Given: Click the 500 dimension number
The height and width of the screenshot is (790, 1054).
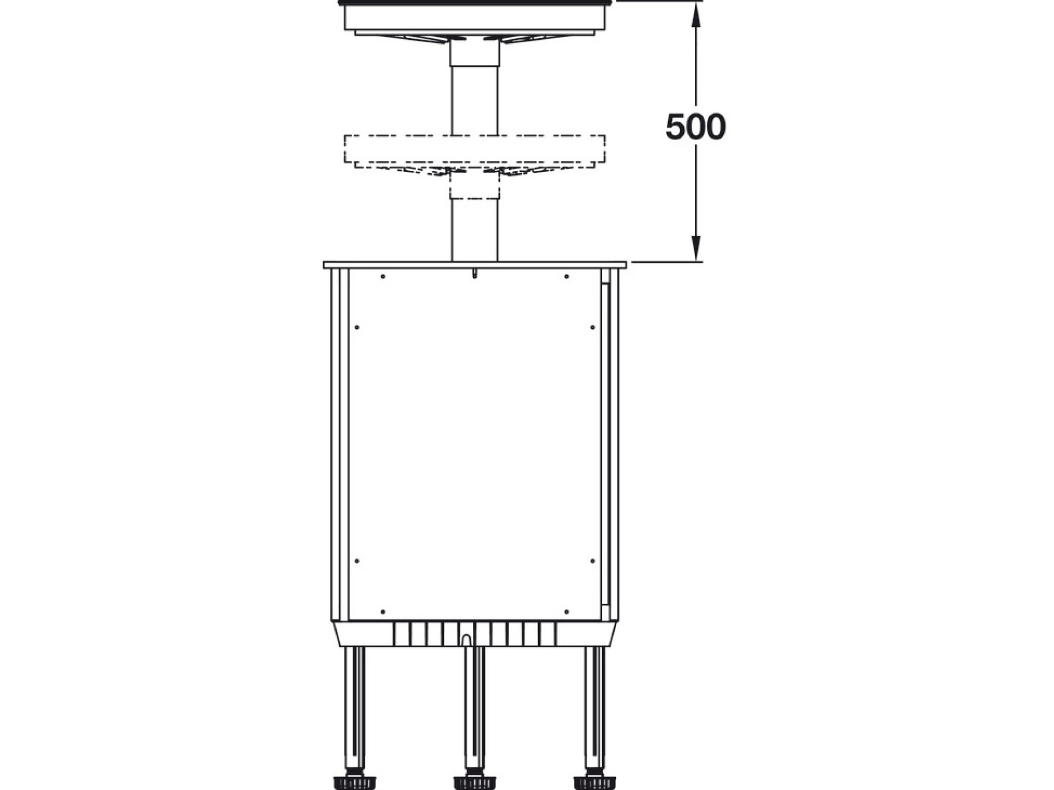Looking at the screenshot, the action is [696, 127].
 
